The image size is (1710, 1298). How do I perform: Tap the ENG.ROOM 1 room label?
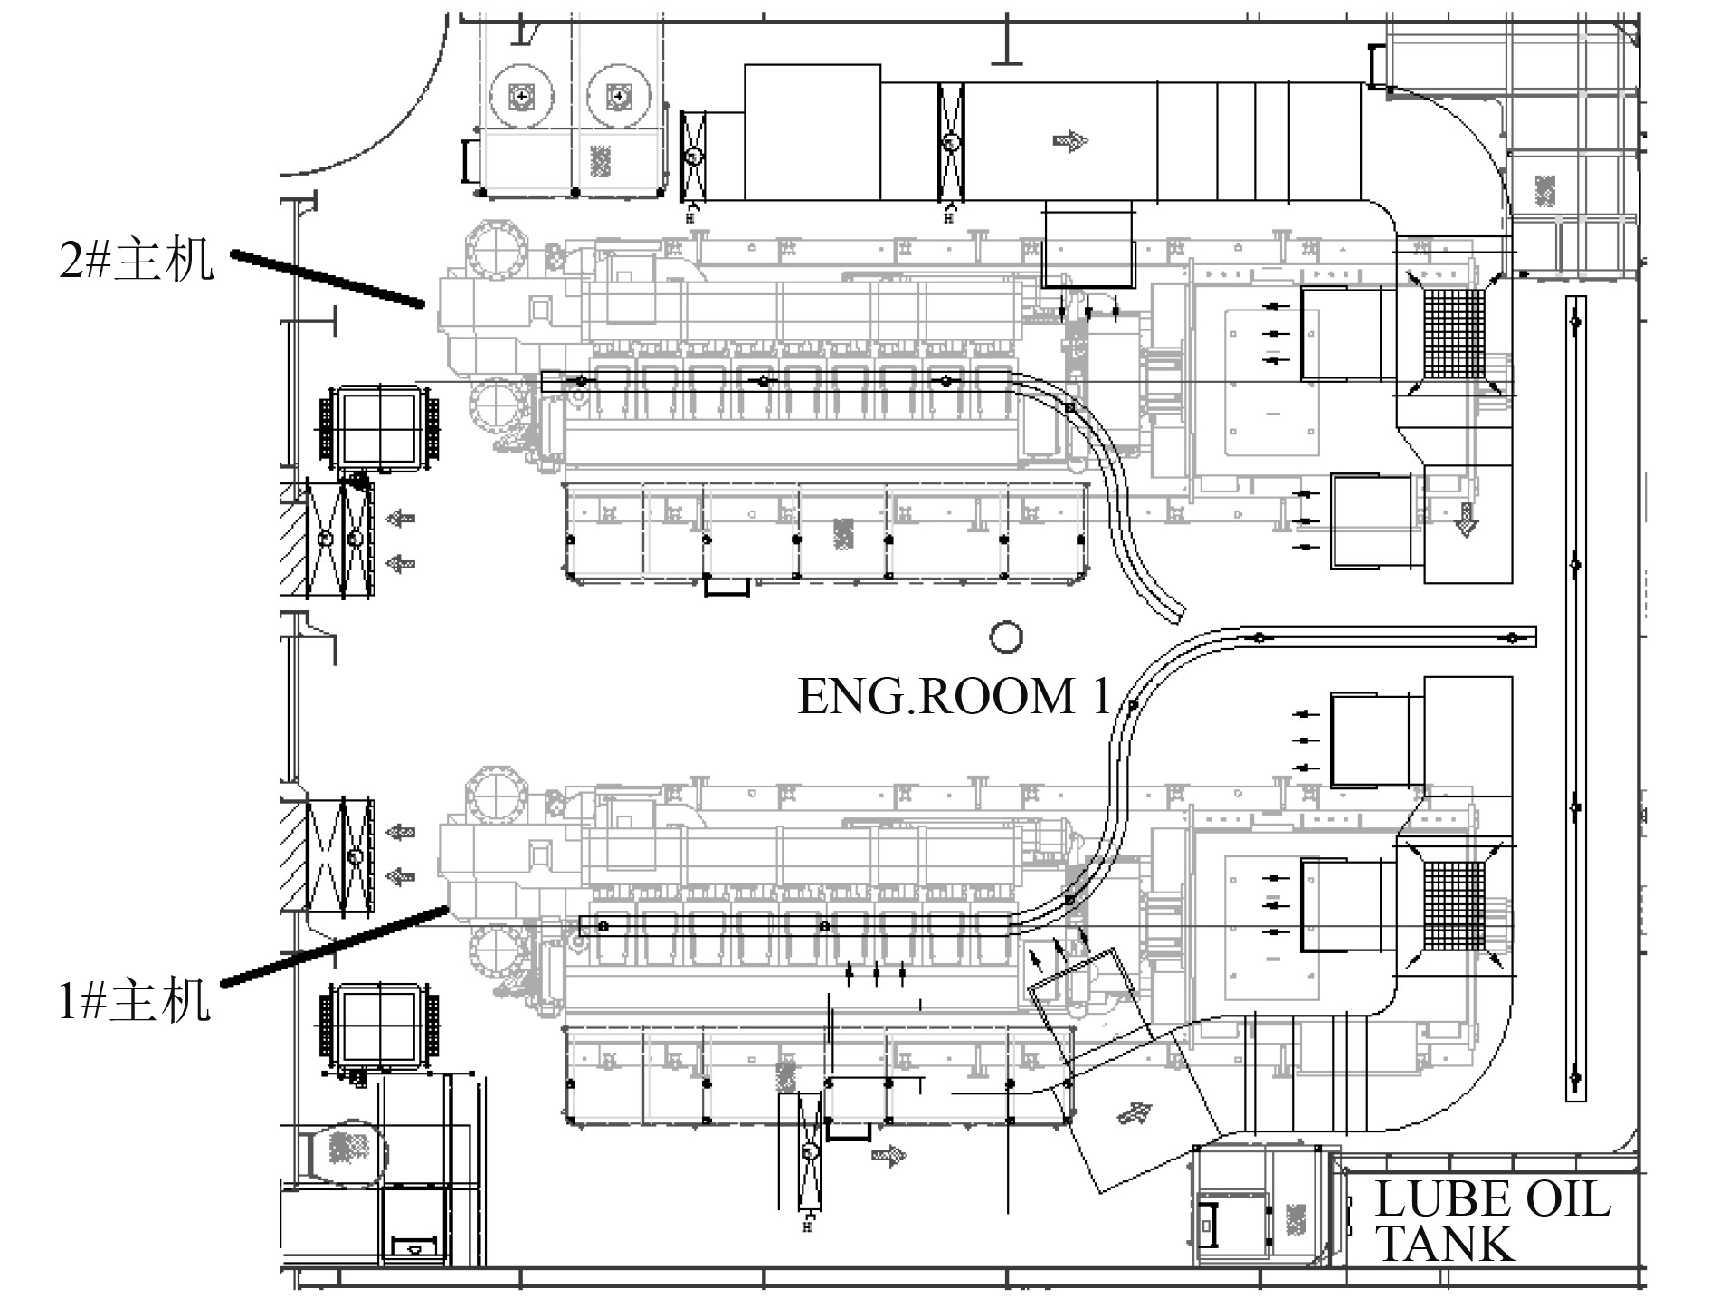coord(953,696)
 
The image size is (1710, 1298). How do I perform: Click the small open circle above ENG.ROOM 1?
coord(1005,637)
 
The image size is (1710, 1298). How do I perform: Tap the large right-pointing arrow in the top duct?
coord(1071,140)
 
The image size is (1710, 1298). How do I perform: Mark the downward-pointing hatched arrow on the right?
coord(1465,521)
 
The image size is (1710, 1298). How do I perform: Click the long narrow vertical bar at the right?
coord(1575,698)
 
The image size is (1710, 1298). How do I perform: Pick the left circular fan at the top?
coord(522,94)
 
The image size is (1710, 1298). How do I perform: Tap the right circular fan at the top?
coord(617,94)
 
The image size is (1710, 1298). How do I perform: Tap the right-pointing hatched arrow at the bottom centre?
coord(890,1156)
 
